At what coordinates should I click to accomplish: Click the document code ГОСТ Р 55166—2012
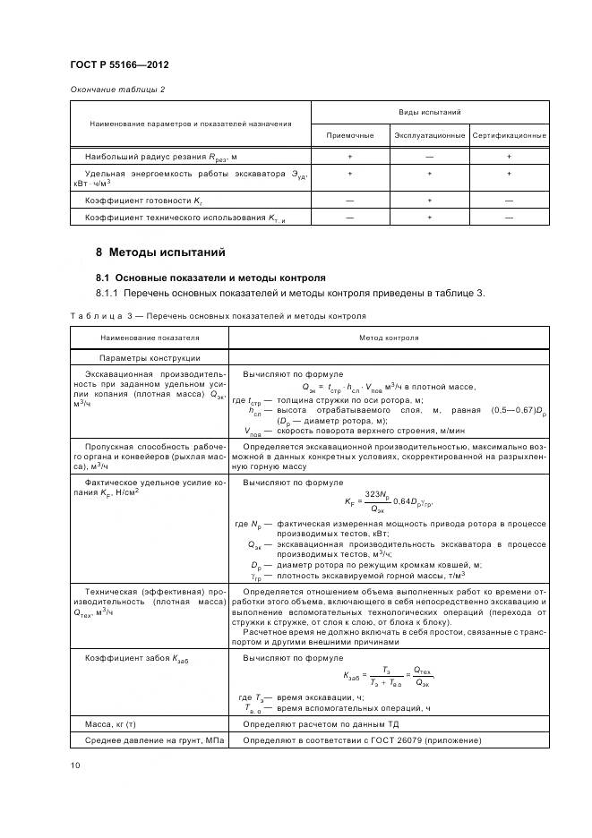click(x=119, y=65)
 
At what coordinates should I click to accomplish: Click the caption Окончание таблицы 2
click(x=117, y=90)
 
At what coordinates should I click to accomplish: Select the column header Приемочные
click(x=349, y=134)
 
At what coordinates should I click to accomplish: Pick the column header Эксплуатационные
click(x=429, y=134)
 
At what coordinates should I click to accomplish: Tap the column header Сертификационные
click(x=509, y=134)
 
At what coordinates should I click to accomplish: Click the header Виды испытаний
click(x=429, y=113)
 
